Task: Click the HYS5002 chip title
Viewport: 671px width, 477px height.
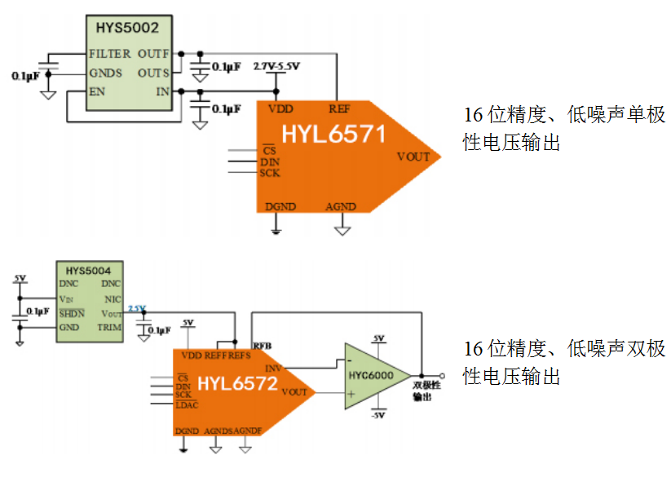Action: (126, 27)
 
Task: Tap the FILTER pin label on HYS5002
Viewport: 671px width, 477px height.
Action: (110, 54)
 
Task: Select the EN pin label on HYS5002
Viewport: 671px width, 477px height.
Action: (98, 92)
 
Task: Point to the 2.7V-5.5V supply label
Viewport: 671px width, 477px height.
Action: (277, 65)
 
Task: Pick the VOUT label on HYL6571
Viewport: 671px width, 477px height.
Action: (413, 157)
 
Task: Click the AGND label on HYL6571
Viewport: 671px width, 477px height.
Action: (341, 207)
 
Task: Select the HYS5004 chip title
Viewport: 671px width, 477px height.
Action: (94, 269)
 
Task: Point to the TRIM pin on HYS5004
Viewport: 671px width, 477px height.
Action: (109, 327)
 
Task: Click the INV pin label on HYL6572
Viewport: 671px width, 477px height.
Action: (274, 368)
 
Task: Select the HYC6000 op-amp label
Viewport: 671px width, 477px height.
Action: (371, 376)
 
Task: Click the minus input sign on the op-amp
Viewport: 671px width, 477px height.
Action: (350, 360)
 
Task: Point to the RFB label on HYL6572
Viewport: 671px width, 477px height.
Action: (262, 346)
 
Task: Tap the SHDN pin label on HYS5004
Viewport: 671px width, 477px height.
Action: (72, 313)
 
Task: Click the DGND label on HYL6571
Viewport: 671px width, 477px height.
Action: (280, 207)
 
